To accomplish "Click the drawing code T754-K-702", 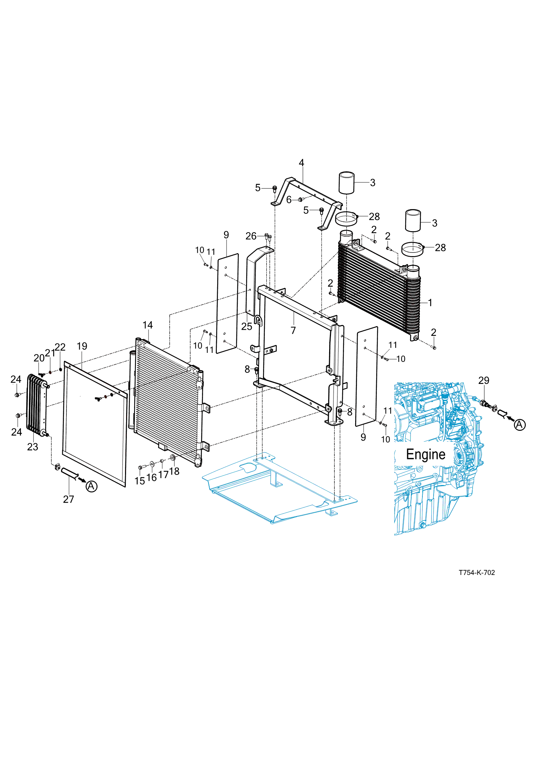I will point(477,572).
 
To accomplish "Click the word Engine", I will point(426,454).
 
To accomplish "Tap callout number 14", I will point(147,325).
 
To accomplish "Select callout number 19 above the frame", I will point(82,346).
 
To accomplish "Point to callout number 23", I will point(33,447).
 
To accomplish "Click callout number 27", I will point(68,499).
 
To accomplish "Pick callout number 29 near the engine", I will point(483,380).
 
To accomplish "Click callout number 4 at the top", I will point(301,163).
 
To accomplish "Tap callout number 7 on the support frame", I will point(293,330).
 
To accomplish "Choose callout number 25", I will point(246,326).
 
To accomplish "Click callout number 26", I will point(251,236).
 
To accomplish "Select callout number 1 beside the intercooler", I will point(430,302).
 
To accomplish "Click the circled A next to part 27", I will point(91,486).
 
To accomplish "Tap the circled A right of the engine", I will point(520,425).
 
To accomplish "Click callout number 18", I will point(174,471).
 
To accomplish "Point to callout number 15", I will point(139,481).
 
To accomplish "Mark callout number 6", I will point(289,200).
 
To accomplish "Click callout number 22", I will point(60,347).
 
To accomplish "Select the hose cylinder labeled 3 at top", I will point(346,183).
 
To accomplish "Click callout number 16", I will point(151,477).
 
